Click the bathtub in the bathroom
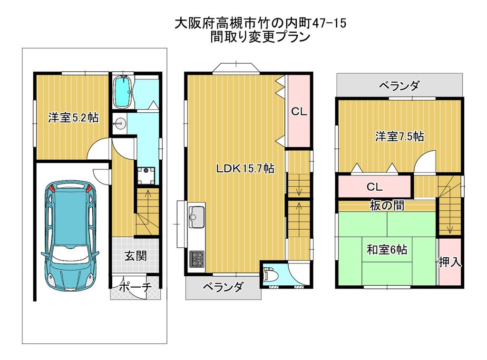[x=123, y=92]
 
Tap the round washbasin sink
[x=119, y=124]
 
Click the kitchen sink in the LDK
[x=196, y=217]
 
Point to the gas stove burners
[x=196, y=259]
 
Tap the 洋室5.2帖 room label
[x=73, y=118]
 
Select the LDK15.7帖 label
[x=245, y=168]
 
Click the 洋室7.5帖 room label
[x=399, y=136]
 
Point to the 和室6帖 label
[x=387, y=249]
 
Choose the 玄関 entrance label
[x=136, y=256]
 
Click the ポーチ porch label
[x=135, y=287]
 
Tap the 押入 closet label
[x=450, y=263]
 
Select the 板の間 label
[x=387, y=205]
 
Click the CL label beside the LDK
[x=299, y=111]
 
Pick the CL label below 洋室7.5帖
[x=375, y=187]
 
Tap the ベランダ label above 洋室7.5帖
[x=399, y=85]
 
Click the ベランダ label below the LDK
[x=223, y=287]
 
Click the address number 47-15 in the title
[x=329, y=23]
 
